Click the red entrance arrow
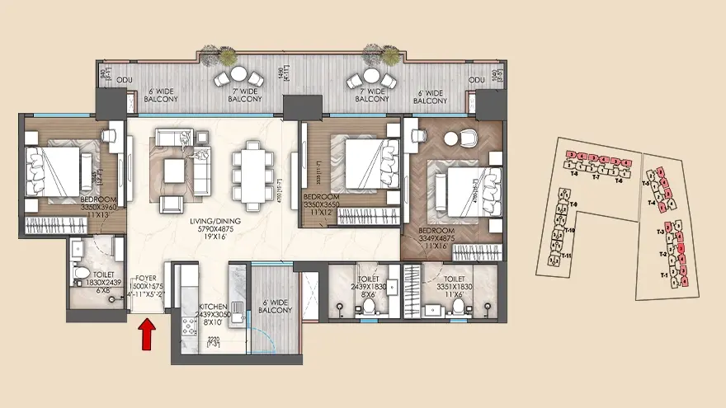coord(148,335)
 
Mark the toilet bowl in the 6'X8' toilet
coord(82,272)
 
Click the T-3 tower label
coord(661,232)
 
